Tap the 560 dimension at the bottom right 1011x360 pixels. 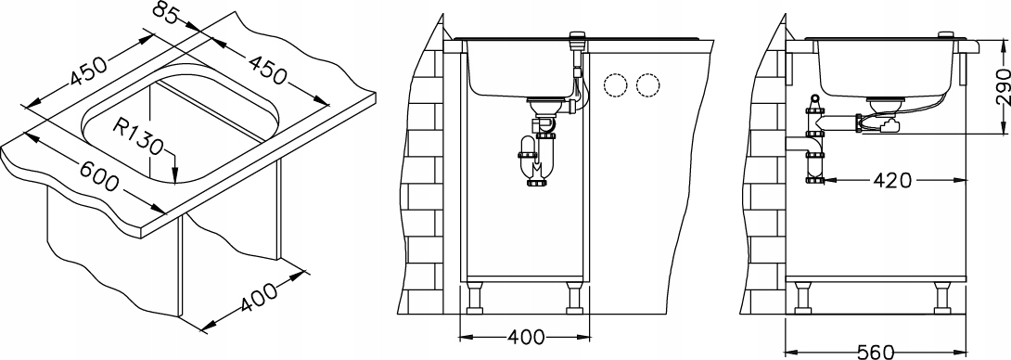point(876,351)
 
